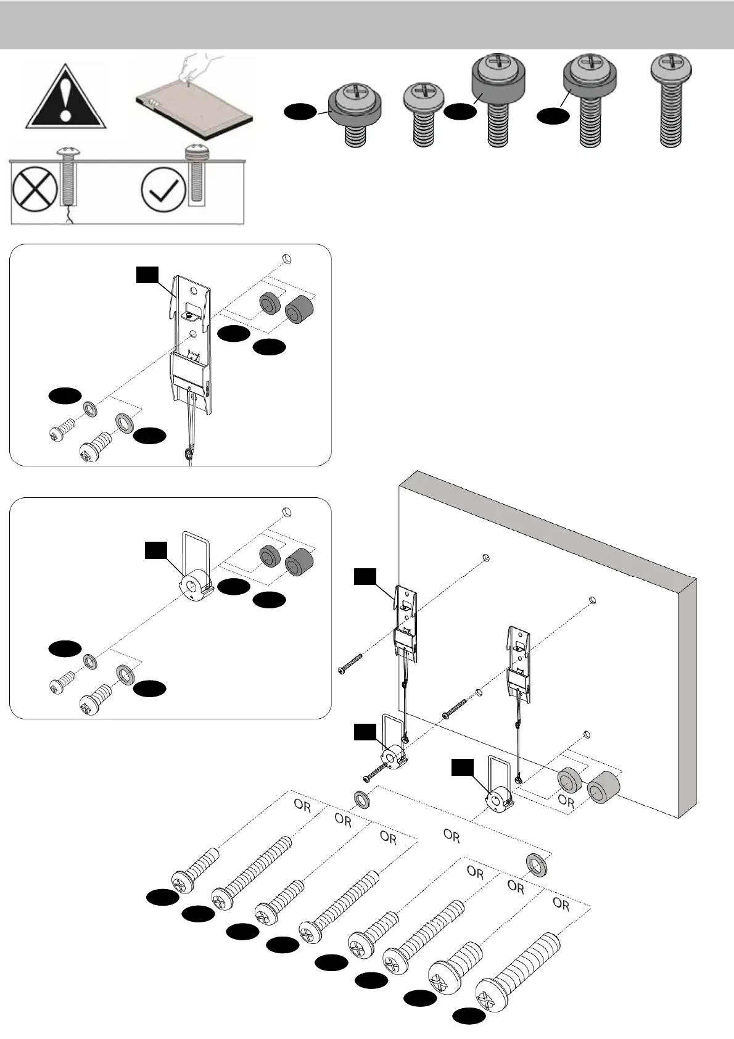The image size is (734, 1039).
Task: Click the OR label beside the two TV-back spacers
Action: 566,802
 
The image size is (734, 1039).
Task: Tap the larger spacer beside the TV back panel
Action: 603,790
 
